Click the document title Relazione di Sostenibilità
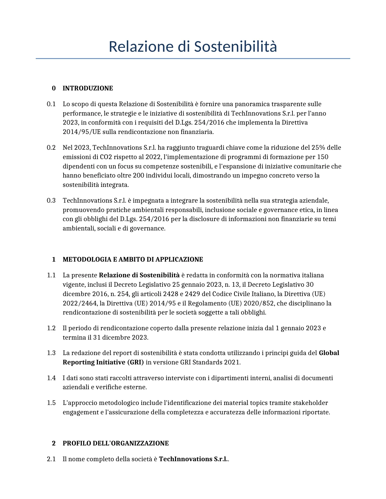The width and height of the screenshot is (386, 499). [193, 47]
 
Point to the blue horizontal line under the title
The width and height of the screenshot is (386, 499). [193, 58]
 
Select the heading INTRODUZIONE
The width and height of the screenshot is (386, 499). [88, 88]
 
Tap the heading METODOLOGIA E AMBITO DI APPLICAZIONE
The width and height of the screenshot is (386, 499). [133, 259]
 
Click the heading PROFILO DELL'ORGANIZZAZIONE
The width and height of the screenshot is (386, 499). [116, 443]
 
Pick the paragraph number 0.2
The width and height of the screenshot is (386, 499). [51, 148]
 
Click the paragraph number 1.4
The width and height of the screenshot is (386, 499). [51, 378]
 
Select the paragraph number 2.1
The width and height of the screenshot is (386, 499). [51, 459]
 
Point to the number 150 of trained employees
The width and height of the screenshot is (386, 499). [323, 157]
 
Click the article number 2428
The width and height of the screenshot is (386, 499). [170, 294]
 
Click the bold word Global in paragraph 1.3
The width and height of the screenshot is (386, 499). [329, 353]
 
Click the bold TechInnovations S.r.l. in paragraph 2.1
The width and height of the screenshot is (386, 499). [193, 459]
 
